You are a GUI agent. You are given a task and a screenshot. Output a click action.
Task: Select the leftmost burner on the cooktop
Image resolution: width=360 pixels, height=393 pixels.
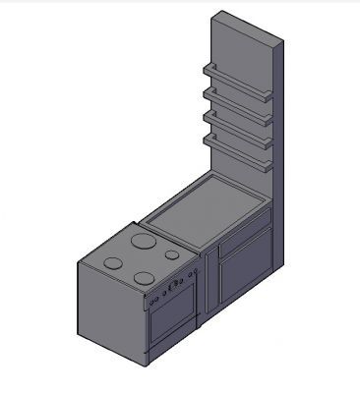click(114, 263)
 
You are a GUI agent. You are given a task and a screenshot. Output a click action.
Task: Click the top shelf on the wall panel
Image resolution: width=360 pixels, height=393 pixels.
click(238, 78)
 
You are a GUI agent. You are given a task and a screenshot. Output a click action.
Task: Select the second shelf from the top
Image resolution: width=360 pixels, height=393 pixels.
click(238, 100)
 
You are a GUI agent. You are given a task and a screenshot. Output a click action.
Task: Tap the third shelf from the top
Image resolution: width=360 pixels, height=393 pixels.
click(238, 123)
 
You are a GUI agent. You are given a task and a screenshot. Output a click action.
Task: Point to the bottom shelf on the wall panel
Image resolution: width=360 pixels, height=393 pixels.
click(238, 145)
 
